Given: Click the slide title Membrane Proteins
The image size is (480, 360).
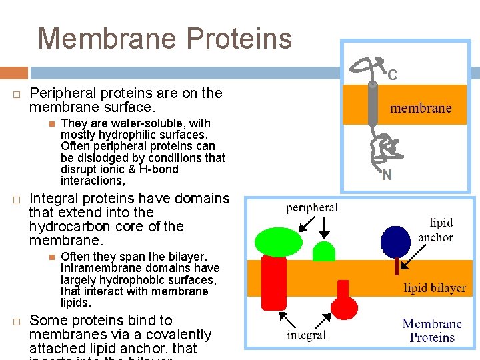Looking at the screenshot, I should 165,38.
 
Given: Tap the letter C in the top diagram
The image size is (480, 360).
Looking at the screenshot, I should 393,75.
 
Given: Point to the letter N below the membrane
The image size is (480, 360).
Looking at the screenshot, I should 387,176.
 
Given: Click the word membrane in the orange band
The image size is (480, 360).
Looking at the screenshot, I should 420,108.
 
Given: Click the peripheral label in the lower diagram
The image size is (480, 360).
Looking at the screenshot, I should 312,207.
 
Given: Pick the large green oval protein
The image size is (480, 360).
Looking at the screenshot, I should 279,242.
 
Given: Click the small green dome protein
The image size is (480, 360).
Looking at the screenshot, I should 323,251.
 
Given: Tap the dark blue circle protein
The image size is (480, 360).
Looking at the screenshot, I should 395,241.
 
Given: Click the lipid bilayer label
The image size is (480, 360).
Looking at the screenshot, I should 435,288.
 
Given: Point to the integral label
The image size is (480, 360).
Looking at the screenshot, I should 306,335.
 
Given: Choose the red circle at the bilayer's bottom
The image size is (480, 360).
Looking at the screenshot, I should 344,307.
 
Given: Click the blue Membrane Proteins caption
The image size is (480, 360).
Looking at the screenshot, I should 431,331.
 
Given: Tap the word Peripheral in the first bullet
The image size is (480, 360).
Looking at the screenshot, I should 63,93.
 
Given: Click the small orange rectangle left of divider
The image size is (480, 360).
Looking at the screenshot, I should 13,73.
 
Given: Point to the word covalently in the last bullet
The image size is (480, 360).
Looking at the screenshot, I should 175,334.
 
